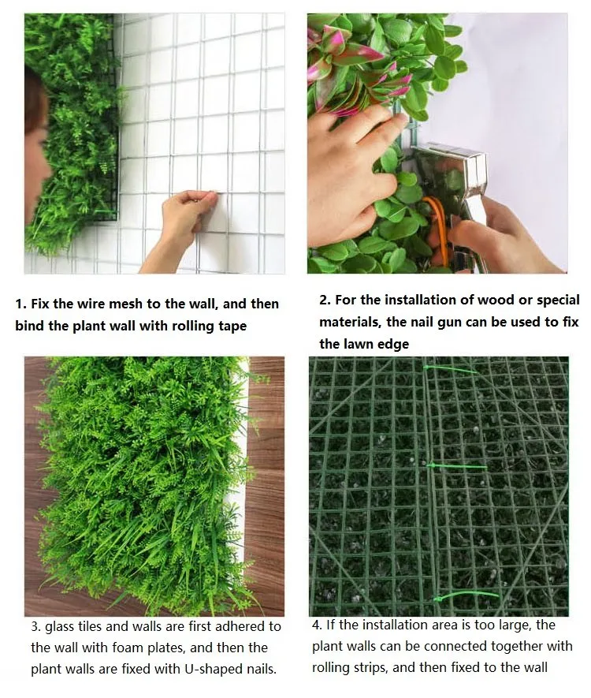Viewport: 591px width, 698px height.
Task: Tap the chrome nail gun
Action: coord(449,196)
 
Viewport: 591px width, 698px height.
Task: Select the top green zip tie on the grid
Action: coord(450,369)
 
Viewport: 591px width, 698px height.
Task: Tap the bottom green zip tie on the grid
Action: coord(467,596)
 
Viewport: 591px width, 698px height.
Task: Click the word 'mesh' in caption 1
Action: coord(125,304)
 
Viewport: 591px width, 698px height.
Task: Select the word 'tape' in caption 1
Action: coord(232,327)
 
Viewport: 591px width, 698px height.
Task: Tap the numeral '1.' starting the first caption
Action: coord(21,304)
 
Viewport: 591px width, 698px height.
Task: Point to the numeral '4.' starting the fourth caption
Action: coord(317,625)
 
